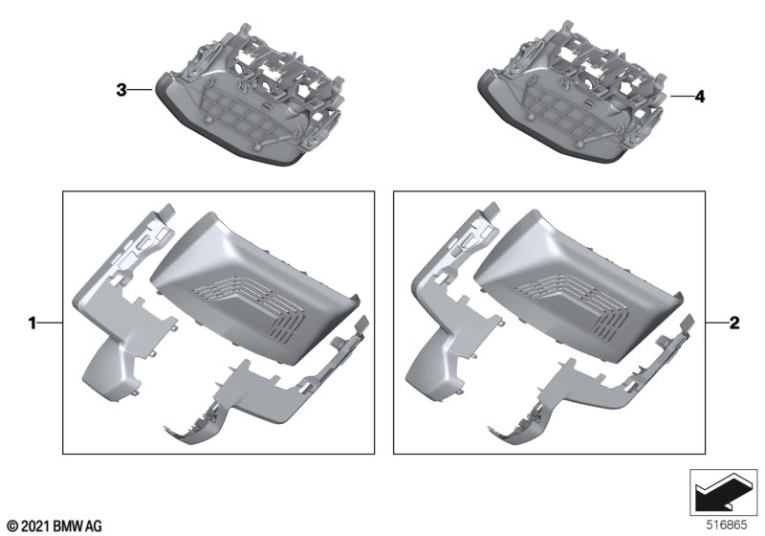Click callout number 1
[33, 323]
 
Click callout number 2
[734, 323]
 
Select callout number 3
[121, 90]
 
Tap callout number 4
[700, 97]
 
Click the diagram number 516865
[727, 525]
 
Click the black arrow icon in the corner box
[724, 494]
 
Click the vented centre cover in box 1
[253, 288]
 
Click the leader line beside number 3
[142, 90]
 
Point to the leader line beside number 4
[681, 97]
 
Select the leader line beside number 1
[51, 323]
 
